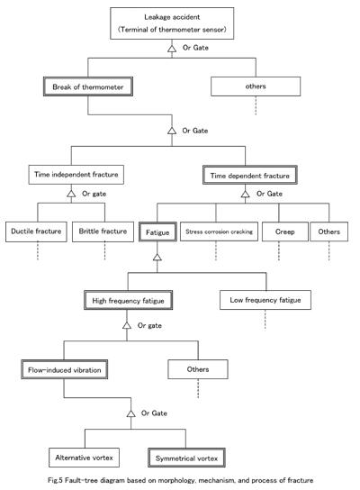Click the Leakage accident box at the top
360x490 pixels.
point(172,23)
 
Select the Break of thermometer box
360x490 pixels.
point(88,86)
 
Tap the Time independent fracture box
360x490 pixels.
point(76,175)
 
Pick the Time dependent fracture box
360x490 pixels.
point(250,176)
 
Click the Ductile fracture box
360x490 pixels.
point(36,231)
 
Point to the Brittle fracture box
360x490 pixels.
point(103,231)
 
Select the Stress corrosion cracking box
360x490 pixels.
point(220,231)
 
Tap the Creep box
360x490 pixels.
point(285,231)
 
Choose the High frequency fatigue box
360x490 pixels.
point(128,300)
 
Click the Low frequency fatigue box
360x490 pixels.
point(265,300)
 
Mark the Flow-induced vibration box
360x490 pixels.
point(64,369)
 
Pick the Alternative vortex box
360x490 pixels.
point(84,458)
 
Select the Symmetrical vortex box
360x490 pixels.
point(186,458)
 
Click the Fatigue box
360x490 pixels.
point(157,231)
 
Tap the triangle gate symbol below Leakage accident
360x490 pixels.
point(172,49)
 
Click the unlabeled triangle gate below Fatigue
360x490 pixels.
point(157,258)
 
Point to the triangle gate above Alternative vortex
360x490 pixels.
point(131,413)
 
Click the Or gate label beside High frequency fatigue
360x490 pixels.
point(149,326)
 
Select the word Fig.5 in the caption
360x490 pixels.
point(56,480)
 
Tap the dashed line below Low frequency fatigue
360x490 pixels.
point(265,319)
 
